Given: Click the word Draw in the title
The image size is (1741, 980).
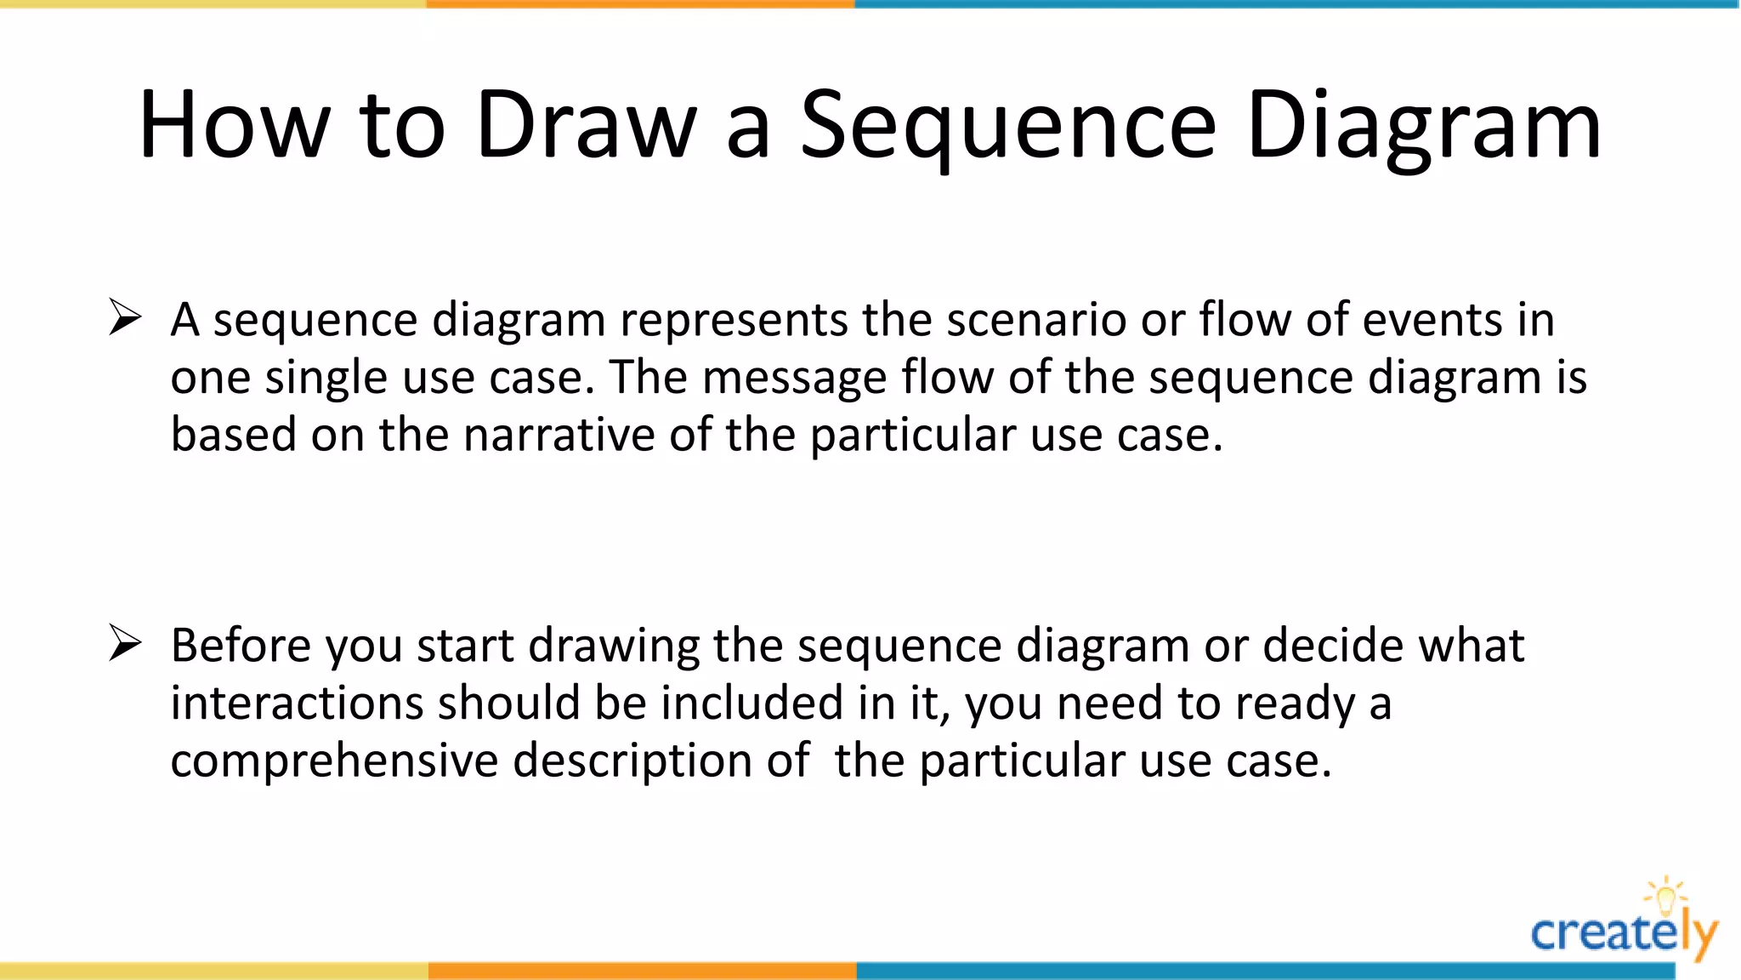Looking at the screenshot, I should coord(586,126).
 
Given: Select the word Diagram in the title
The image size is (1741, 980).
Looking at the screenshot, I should coord(1424,126).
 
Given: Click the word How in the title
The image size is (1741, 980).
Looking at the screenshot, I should coord(234,126).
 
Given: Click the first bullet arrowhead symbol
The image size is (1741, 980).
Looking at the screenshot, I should coord(125,318).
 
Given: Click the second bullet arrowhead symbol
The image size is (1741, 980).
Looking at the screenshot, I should coord(125,643).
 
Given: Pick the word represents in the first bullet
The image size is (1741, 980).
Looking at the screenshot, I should coord(734,321).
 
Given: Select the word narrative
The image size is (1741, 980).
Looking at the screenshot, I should coord(559,435).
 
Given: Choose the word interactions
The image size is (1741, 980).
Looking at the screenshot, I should coord(297,704).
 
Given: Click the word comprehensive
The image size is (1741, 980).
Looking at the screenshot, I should coord(334,761).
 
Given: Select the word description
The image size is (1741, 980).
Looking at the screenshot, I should coord(632,761).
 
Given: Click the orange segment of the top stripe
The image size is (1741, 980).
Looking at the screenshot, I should coord(640,4).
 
